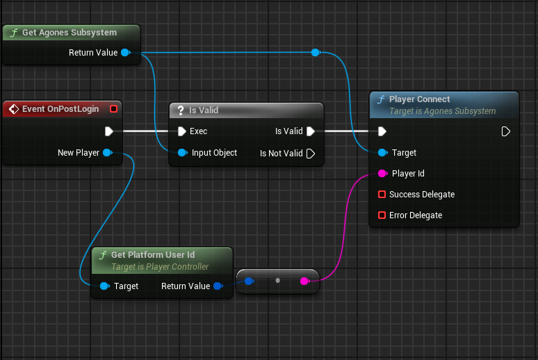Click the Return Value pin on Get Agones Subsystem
(125, 53)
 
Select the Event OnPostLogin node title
(60, 109)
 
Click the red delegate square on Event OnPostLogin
(114, 108)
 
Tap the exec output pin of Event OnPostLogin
(109, 131)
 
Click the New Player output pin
(106, 153)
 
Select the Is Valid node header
(204, 111)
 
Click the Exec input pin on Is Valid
(181, 131)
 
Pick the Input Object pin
(181, 153)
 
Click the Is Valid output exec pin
(311, 131)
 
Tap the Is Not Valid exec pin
(311, 153)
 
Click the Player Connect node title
(419, 99)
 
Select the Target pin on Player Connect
(382, 153)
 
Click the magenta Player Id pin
(382, 174)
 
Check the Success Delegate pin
(382, 195)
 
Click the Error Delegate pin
(382, 215)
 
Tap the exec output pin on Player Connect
(506, 131)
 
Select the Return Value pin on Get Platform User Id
(218, 286)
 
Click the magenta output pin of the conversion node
(304, 281)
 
